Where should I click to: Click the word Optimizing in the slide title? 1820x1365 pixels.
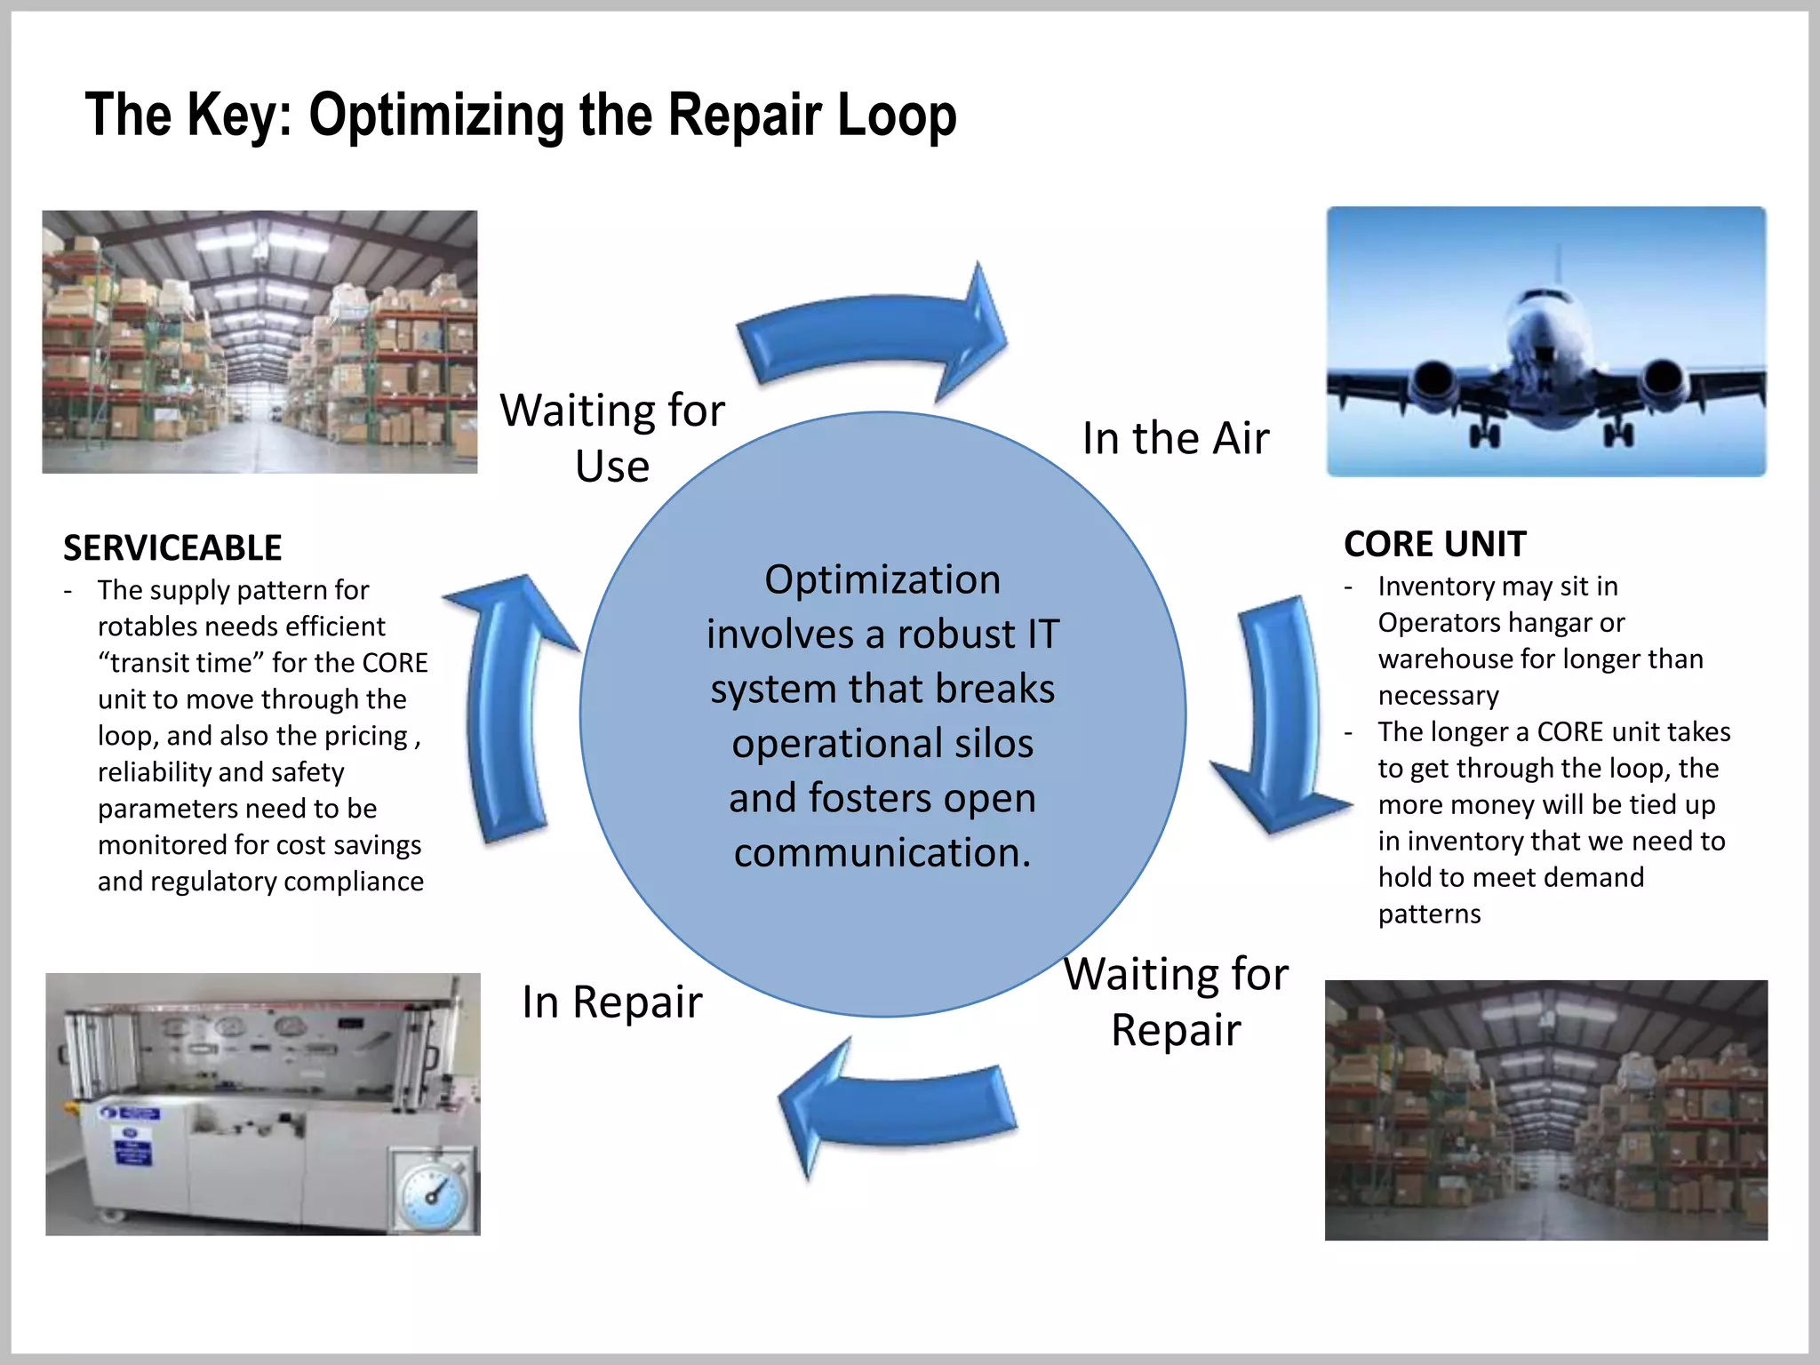click(435, 116)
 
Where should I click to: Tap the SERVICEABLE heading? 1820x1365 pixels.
click(172, 548)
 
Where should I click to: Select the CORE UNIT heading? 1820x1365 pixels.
click(1434, 544)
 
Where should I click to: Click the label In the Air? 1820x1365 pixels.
click(1175, 438)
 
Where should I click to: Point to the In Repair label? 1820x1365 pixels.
click(611, 1002)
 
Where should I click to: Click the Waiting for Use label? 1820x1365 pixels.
click(611, 437)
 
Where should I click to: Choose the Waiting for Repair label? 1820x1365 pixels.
click(1175, 1002)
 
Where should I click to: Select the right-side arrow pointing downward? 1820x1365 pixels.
click(1280, 711)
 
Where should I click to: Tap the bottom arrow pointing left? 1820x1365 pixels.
click(898, 1106)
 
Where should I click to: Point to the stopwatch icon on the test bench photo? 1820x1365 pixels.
click(433, 1193)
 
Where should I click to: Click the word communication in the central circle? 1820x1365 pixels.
click(882, 852)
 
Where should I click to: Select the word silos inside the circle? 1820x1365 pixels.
click(993, 744)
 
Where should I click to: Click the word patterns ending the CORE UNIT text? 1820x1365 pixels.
click(1429, 914)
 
